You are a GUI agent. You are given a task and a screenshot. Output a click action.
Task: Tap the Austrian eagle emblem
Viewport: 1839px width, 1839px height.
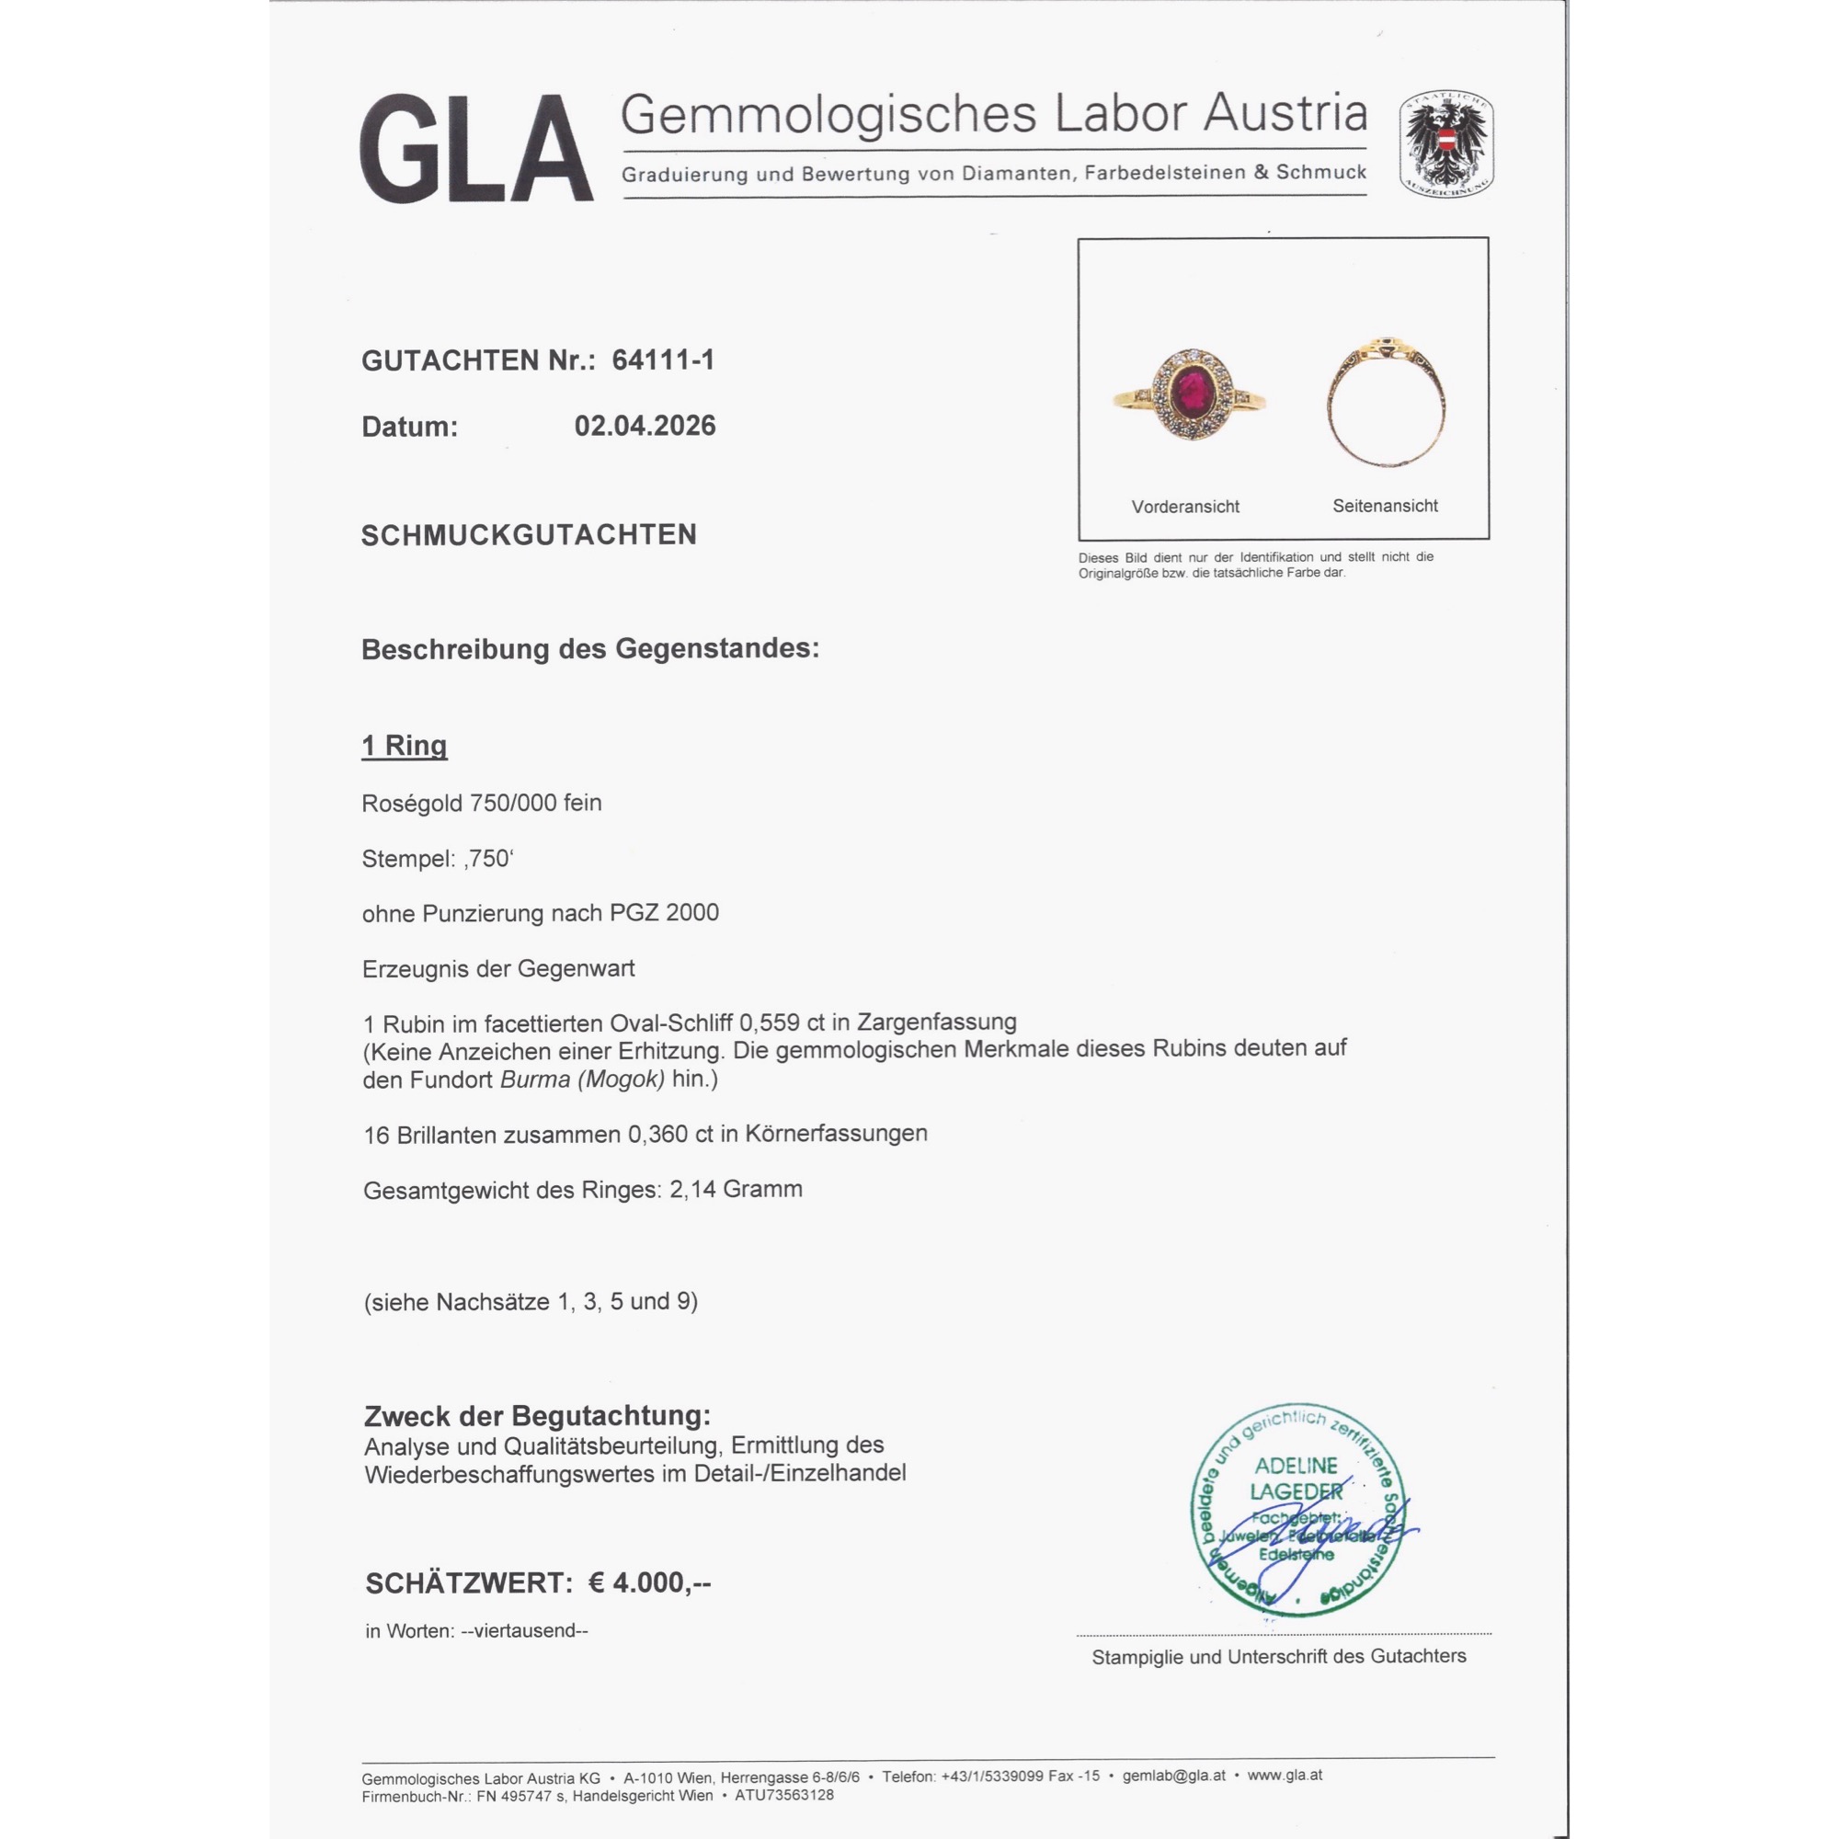tap(1445, 143)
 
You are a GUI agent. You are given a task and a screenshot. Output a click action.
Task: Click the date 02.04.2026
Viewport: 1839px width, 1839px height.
tap(645, 426)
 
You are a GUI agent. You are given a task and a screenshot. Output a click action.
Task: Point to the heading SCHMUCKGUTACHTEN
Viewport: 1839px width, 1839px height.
tap(529, 535)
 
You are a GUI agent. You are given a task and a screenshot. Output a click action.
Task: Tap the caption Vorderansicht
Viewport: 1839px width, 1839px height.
tap(1185, 507)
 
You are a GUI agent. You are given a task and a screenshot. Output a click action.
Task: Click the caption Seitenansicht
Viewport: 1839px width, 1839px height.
tap(1385, 506)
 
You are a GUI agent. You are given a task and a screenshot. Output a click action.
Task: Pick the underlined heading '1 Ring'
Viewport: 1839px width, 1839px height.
tap(404, 746)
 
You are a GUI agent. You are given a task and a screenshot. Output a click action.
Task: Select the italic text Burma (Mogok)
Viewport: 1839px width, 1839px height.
tap(583, 1079)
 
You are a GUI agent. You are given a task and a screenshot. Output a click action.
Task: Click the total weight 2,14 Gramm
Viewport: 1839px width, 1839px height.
tap(736, 1189)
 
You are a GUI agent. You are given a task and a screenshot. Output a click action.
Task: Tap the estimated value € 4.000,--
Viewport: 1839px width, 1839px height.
tap(649, 1583)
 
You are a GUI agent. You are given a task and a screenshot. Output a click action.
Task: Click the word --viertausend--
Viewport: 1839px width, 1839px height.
tap(523, 1630)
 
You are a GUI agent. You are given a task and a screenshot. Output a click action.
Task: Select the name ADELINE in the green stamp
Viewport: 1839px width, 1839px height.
tap(1296, 1465)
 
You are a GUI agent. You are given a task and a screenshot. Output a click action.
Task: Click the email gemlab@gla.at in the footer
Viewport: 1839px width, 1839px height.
tap(1173, 1776)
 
